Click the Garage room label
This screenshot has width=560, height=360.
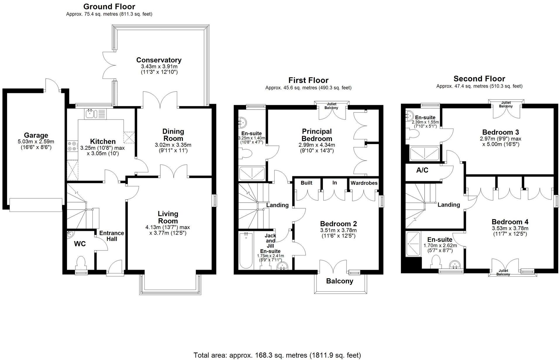pos(36,135)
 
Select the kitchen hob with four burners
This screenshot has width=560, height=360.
pos(72,146)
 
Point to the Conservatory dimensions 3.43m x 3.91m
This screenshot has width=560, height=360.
pos(159,67)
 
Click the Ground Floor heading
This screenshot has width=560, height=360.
pos(109,6)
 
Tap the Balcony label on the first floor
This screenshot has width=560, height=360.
pos(340,281)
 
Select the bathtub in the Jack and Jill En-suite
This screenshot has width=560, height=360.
pos(246,250)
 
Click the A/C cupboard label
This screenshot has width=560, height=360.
pos(422,170)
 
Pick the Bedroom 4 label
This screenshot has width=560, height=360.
pos(510,222)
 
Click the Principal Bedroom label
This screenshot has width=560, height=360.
pos(317,135)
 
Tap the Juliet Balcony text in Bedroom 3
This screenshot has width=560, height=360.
pos(506,104)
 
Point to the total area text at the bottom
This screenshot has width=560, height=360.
pos(277,355)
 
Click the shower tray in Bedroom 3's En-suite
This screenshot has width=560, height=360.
pos(424,154)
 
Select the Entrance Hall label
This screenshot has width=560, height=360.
pos(111,236)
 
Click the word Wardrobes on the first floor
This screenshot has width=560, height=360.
pos(364,183)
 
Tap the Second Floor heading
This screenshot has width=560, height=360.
pos(479,79)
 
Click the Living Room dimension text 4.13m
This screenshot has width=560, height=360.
pos(152,227)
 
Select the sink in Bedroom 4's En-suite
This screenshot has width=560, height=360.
pos(455,265)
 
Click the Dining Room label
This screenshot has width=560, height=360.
pos(173,135)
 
